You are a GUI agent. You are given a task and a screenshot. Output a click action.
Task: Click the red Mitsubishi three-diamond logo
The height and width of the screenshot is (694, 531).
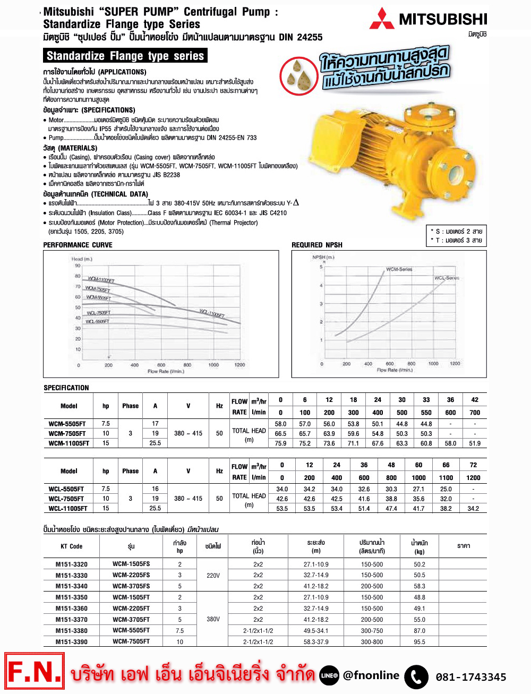(x=382, y=19)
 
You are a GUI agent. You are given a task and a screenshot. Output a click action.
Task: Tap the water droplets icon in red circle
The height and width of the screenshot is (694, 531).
(x=299, y=75)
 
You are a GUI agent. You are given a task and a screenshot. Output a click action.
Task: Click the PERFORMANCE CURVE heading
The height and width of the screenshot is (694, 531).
(x=78, y=245)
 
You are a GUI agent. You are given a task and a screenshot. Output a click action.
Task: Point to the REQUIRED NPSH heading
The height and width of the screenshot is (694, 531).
(x=317, y=245)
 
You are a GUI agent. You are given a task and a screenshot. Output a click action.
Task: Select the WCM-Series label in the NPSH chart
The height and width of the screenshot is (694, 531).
(x=399, y=269)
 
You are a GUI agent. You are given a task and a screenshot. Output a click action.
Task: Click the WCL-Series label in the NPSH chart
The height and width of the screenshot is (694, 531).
(x=447, y=278)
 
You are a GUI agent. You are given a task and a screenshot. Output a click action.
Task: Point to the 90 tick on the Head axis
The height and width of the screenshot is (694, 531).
(x=78, y=265)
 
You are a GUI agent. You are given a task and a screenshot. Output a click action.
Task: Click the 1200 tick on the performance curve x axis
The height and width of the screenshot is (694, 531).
(x=239, y=365)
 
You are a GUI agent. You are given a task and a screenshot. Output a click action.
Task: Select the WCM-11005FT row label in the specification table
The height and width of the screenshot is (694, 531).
(x=68, y=443)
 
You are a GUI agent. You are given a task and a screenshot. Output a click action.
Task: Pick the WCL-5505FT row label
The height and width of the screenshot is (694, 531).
(x=66, y=489)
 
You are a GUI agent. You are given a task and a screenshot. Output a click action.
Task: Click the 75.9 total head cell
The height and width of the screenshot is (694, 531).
(x=280, y=443)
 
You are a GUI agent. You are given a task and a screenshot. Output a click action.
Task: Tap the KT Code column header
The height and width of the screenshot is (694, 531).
(x=72, y=546)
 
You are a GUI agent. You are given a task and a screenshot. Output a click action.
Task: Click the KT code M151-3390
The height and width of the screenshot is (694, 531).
(x=72, y=642)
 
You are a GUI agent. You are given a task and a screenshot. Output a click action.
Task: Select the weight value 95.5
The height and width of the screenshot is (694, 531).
(x=419, y=642)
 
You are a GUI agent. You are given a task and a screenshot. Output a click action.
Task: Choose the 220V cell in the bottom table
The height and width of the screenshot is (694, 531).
(x=213, y=575)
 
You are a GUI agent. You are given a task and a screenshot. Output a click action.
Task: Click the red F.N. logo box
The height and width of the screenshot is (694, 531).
(x=35, y=673)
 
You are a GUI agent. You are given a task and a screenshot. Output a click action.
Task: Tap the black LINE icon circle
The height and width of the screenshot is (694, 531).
(x=329, y=675)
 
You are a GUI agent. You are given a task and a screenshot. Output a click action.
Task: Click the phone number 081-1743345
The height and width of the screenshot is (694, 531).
(x=470, y=677)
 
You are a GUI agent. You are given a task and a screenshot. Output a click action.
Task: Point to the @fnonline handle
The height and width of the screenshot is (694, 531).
(x=371, y=675)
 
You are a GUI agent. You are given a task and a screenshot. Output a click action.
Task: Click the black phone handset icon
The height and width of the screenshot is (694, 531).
(x=416, y=677)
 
